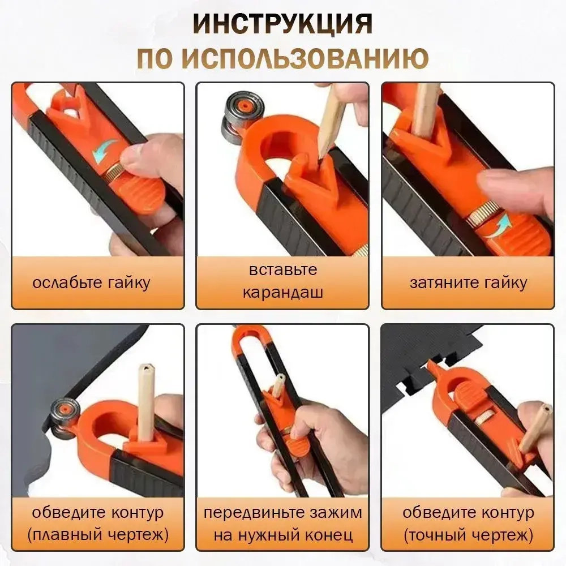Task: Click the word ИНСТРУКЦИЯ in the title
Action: pyautogui.click(x=282, y=25)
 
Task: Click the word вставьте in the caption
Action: pyautogui.click(x=282, y=270)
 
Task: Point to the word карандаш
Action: pyautogui.click(x=282, y=293)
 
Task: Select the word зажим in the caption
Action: pyautogui.click(x=337, y=513)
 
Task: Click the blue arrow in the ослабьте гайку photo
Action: pyautogui.click(x=105, y=149)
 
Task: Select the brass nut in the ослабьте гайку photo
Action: pyautogui.click(x=115, y=169)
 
